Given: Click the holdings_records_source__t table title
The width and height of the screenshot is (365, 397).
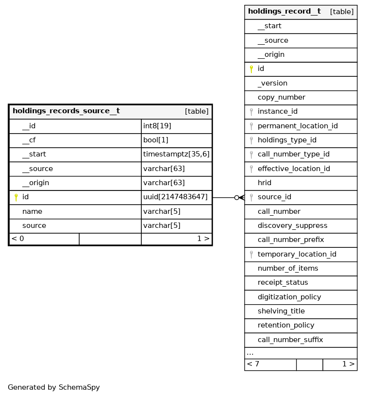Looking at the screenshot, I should pos(66,111).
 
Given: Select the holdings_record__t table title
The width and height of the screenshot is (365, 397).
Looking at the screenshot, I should pos(284,12).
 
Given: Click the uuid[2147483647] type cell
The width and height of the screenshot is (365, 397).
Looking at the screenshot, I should pos(176,197).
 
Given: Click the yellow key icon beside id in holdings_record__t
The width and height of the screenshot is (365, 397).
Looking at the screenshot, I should pos(251,69).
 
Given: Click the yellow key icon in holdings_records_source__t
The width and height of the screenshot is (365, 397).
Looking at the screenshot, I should pos(16,197).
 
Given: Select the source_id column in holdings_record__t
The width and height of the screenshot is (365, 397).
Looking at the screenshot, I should pos(274,197).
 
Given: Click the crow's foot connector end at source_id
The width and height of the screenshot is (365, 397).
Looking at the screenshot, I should pos(240,198).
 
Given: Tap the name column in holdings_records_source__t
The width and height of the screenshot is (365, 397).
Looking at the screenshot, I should pos(32,211).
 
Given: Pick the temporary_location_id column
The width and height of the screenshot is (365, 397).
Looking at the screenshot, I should pos(297,254).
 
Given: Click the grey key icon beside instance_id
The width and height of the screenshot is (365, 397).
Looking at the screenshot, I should pos(251,112).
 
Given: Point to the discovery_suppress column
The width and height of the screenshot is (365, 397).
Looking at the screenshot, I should pos(292,226).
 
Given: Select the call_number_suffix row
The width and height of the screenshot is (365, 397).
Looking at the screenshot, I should pos(290,340).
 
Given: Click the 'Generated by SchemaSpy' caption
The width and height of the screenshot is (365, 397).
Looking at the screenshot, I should pos(54,388).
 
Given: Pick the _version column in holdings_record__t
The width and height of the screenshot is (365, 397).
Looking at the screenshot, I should pos(272,83).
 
